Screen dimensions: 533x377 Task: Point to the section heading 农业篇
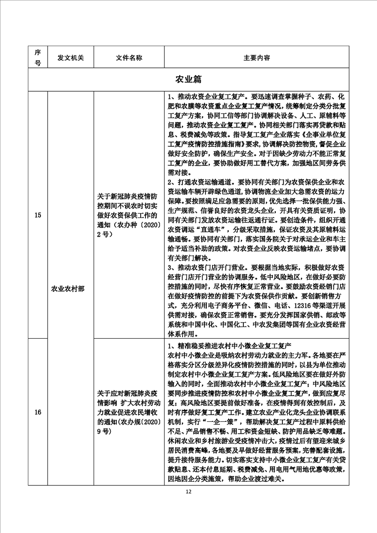click(x=189, y=79)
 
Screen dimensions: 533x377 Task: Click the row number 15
click(x=38, y=215)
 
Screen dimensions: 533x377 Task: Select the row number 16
click(x=38, y=412)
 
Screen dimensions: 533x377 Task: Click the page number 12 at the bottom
click(x=189, y=492)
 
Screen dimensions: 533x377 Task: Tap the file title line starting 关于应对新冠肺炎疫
click(x=128, y=394)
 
